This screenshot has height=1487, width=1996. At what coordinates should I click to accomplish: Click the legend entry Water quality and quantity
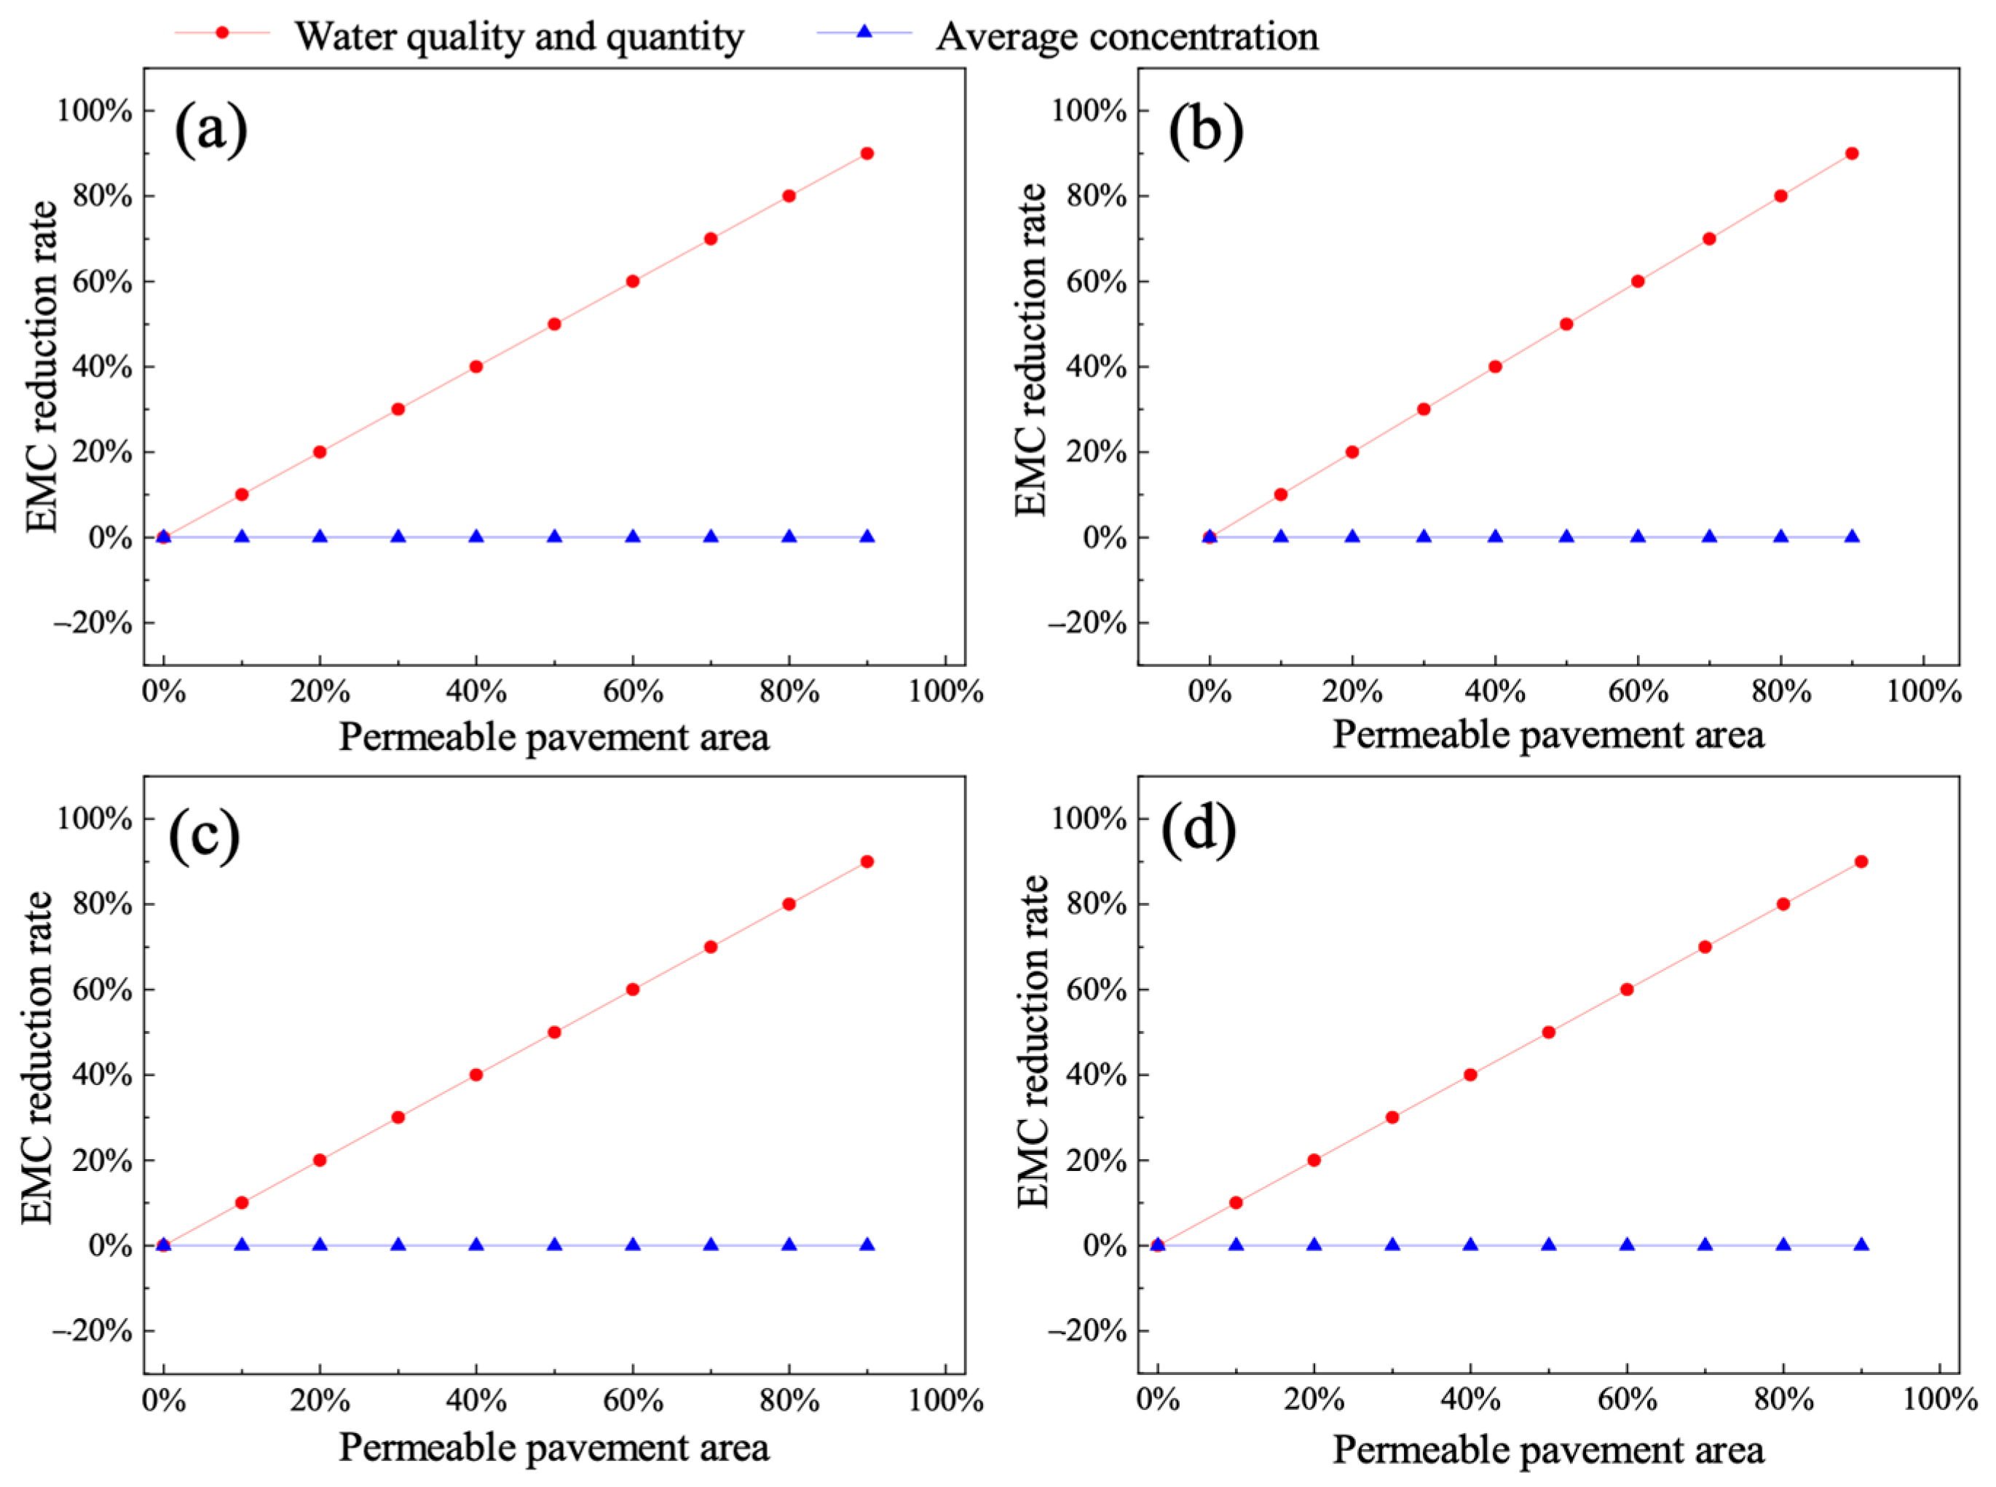click(x=519, y=36)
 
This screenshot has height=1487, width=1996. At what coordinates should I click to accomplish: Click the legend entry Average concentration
click(x=1127, y=36)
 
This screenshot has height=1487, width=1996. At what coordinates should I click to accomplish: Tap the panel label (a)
click(x=210, y=130)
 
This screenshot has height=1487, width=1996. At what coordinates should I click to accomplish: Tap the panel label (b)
click(x=1205, y=130)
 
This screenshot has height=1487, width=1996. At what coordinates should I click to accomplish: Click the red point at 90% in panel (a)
click(x=867, y=153)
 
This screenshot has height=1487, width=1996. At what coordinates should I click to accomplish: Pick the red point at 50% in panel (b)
click(x=1566, y=324)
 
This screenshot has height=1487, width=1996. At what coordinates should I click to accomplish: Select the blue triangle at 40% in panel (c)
click(x=476, y=1245)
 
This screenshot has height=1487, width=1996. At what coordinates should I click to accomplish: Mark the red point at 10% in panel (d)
click(x=1236, y=1202)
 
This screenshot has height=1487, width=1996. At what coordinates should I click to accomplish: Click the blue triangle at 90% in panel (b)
click(x=1851, y=537)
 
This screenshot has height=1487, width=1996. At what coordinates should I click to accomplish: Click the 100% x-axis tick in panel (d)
click(x=1939, y=1400)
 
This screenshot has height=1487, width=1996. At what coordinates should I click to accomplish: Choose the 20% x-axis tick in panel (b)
click(x=1352, y=691)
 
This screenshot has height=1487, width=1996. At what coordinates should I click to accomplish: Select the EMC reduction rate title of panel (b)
click(x=1031, y=351)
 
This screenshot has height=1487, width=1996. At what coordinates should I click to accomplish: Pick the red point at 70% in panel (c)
click(x=710, y=947)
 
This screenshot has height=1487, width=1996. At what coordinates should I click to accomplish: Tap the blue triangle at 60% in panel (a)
click(x=633, y=537)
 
